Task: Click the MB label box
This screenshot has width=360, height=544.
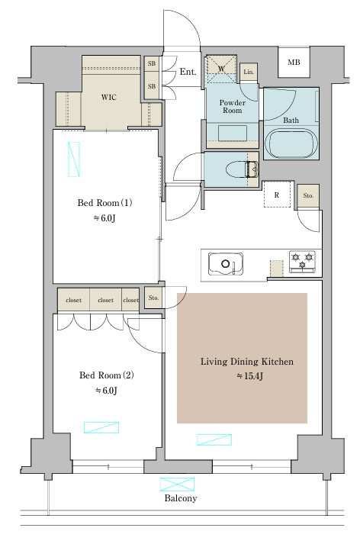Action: [x=294, y=63]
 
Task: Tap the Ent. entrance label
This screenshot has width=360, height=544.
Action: [x=188, y=72]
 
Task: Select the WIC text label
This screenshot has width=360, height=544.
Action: [x=108, y=97]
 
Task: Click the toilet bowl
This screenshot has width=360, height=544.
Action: [x=237, y=170]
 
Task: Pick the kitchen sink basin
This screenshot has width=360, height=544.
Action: [x=226, y=264]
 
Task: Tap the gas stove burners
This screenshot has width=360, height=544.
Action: [x=302, y=261]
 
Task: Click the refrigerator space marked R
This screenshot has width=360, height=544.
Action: [x=277, y=195]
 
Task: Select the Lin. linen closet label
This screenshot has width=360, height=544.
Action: [x=249, y=72]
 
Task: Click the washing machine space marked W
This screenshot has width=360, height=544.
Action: [x=221, y=69]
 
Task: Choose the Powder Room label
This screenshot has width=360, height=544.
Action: [x=233, y=107]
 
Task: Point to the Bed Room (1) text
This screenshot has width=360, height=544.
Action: [x=104, y=203]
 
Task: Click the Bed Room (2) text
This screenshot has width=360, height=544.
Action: [x=107, y=375]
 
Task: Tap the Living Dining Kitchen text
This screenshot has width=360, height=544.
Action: [x=247, y=362]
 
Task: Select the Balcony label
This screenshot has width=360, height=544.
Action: [x=181, y=498]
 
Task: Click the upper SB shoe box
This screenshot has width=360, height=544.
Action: [x=152, y=64]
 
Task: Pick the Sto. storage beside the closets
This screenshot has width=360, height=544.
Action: [x=153, y=298]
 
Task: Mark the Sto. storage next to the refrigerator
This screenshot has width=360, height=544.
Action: [x=308, y=196]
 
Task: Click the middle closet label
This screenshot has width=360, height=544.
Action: [x=105, y=300]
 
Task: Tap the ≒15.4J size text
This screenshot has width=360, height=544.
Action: [x=249, y=376]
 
